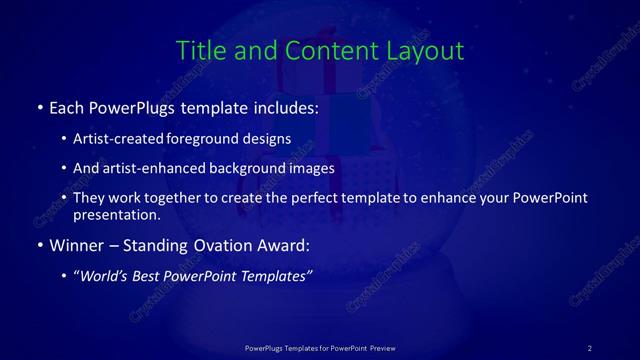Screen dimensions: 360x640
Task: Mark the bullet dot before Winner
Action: point(39,245)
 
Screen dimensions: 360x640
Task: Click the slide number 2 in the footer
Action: point(590,348)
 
